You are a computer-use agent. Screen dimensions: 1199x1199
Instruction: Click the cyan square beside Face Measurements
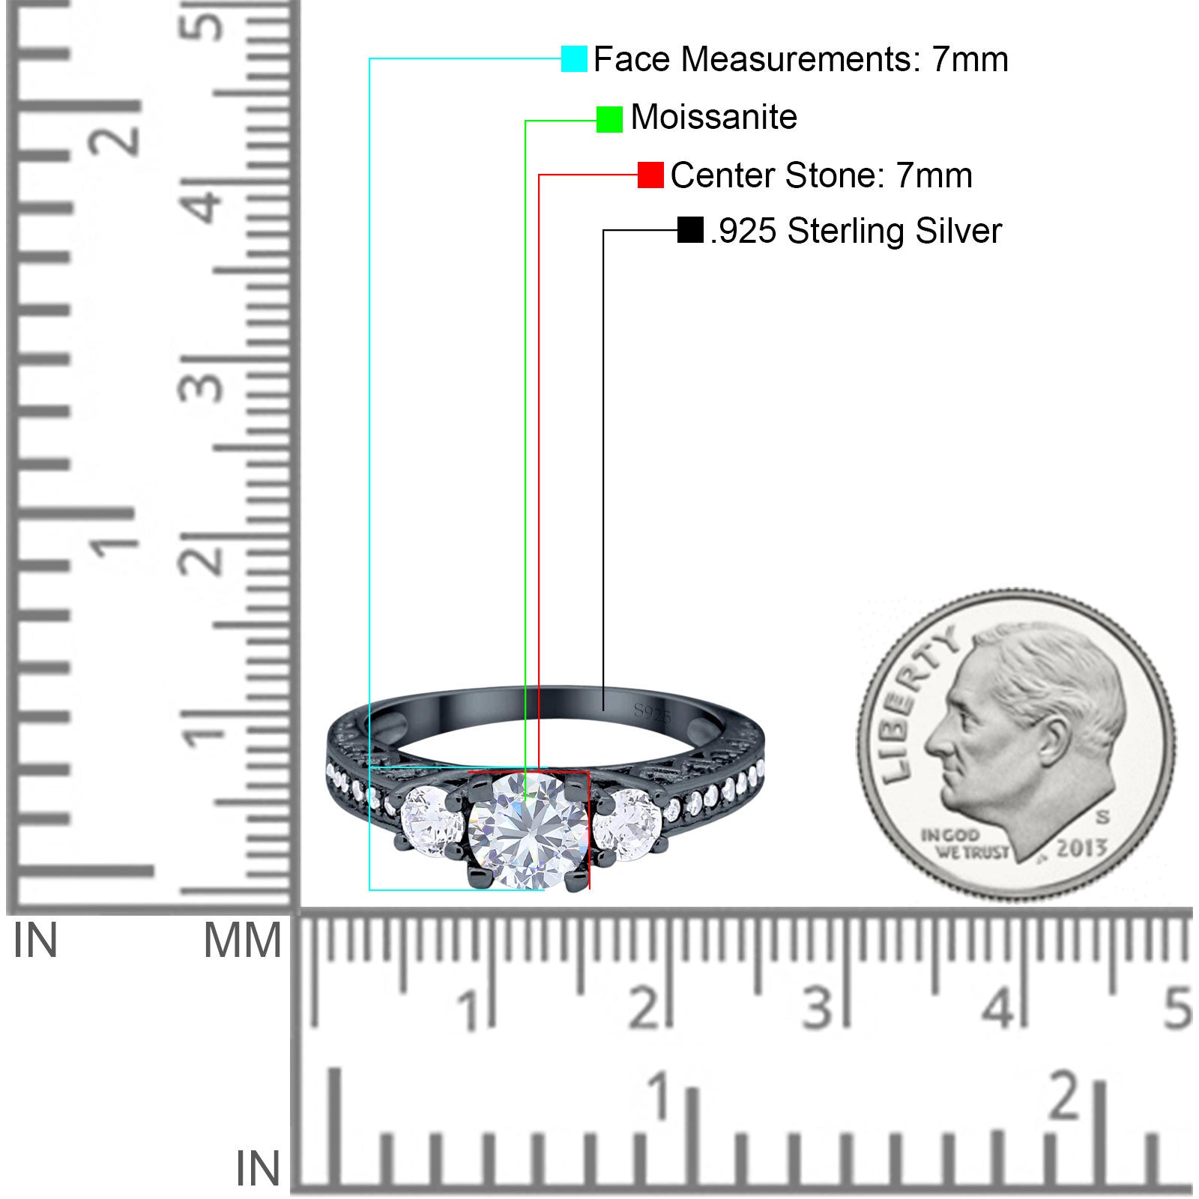tap(574, 58)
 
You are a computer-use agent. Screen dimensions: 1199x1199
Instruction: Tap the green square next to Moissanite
tap(609, 119)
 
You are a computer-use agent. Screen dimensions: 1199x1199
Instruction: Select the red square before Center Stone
tap(650, 175)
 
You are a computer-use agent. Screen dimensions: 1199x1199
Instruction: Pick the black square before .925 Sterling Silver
tap(690, 230)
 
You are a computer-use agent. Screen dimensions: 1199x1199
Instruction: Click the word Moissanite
tap(713, 117)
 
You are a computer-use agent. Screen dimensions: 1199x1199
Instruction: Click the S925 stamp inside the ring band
tap(652, 713)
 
